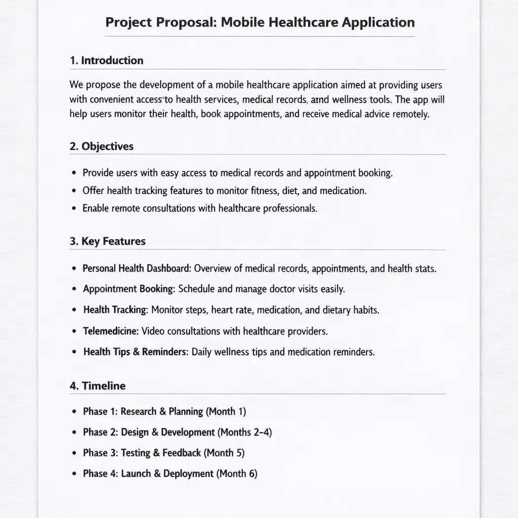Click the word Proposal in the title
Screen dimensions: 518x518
183,23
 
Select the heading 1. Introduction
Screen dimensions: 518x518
106,61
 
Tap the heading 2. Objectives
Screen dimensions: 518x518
102,147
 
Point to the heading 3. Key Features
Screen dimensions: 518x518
107,242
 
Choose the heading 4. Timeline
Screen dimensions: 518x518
98,386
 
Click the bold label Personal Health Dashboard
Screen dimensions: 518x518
137,269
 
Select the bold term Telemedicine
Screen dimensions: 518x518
111,331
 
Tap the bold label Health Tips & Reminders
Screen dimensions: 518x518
135,352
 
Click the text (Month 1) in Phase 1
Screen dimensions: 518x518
226,412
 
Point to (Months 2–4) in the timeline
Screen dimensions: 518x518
245,433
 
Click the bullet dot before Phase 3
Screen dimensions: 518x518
74,453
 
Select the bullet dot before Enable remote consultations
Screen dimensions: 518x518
74,208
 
